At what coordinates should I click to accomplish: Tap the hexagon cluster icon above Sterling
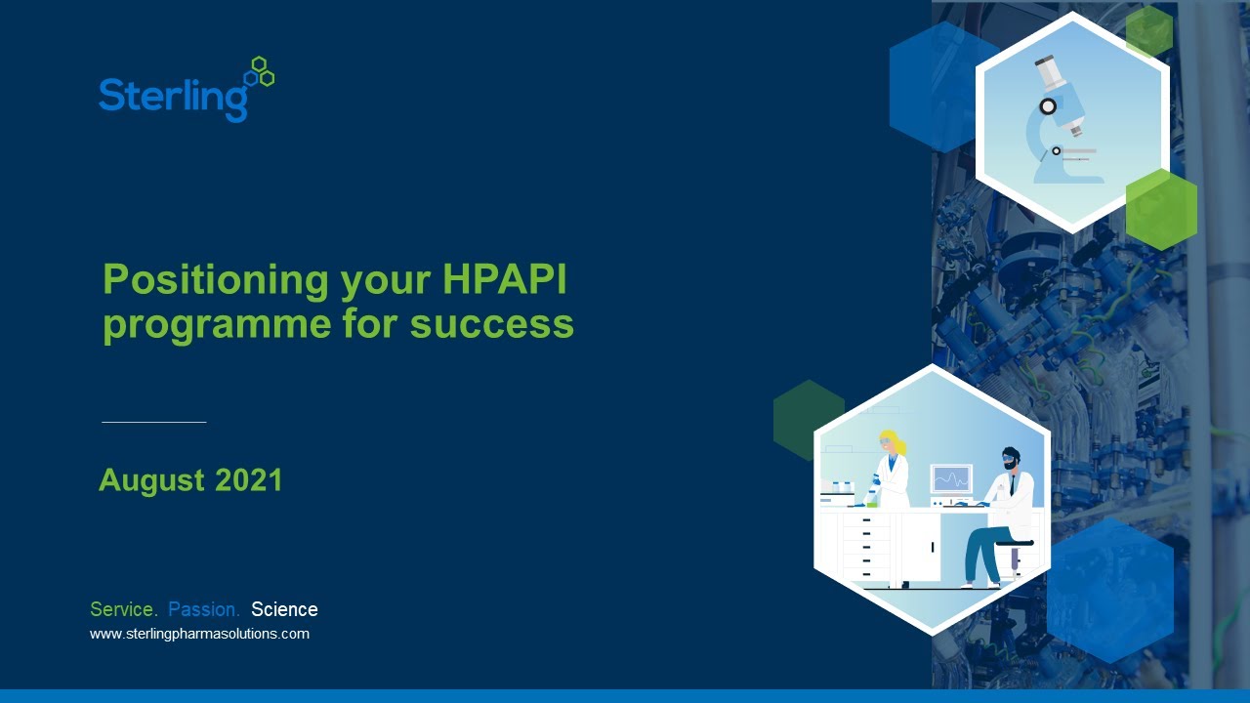tap(260, 72)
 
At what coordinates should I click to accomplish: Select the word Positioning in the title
tap(215, 281)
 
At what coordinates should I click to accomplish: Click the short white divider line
tap(153, 422)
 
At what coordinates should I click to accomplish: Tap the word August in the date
tap(151, 480)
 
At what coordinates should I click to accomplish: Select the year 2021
tap(248, 480)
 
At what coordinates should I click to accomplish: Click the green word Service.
tap(123, 609)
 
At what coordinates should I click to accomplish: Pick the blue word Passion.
tap(203, 609)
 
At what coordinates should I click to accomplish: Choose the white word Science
tap(284, 609)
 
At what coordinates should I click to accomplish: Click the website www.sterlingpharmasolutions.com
tap(199, 634)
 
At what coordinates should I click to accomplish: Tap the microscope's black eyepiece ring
tap(1048, 106)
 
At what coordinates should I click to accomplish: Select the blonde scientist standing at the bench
tap(891, 471)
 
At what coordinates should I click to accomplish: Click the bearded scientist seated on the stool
tap(1004, 513)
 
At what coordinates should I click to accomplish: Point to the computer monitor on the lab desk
tap(950, 478)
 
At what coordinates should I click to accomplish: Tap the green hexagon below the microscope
tap(1161, 209)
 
